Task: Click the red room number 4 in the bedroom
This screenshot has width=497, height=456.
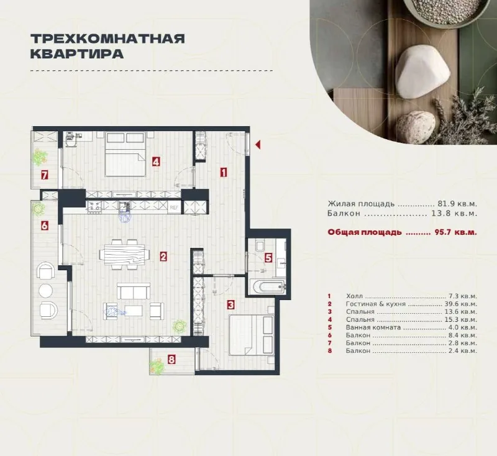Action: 156,162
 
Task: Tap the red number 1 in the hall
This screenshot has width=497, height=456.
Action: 224,173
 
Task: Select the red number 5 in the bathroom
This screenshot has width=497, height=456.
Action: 268,258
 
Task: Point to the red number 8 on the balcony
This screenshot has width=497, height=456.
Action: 171,360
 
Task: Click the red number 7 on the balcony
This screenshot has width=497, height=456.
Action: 44,175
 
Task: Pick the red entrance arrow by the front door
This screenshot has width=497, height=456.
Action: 258,145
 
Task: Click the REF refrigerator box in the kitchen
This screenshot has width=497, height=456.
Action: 175,207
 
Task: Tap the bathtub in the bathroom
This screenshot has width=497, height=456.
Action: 268,287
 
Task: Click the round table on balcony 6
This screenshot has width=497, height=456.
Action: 46,291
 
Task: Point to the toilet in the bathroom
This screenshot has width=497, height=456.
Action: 260,247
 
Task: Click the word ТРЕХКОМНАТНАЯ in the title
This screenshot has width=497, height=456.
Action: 107,39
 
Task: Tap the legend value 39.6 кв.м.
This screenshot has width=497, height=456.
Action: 460,304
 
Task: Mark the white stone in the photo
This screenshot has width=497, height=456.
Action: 424,71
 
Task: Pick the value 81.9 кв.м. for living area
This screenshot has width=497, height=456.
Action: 457,204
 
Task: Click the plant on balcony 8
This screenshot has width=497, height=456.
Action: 157,367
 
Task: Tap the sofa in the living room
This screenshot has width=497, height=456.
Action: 134,291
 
